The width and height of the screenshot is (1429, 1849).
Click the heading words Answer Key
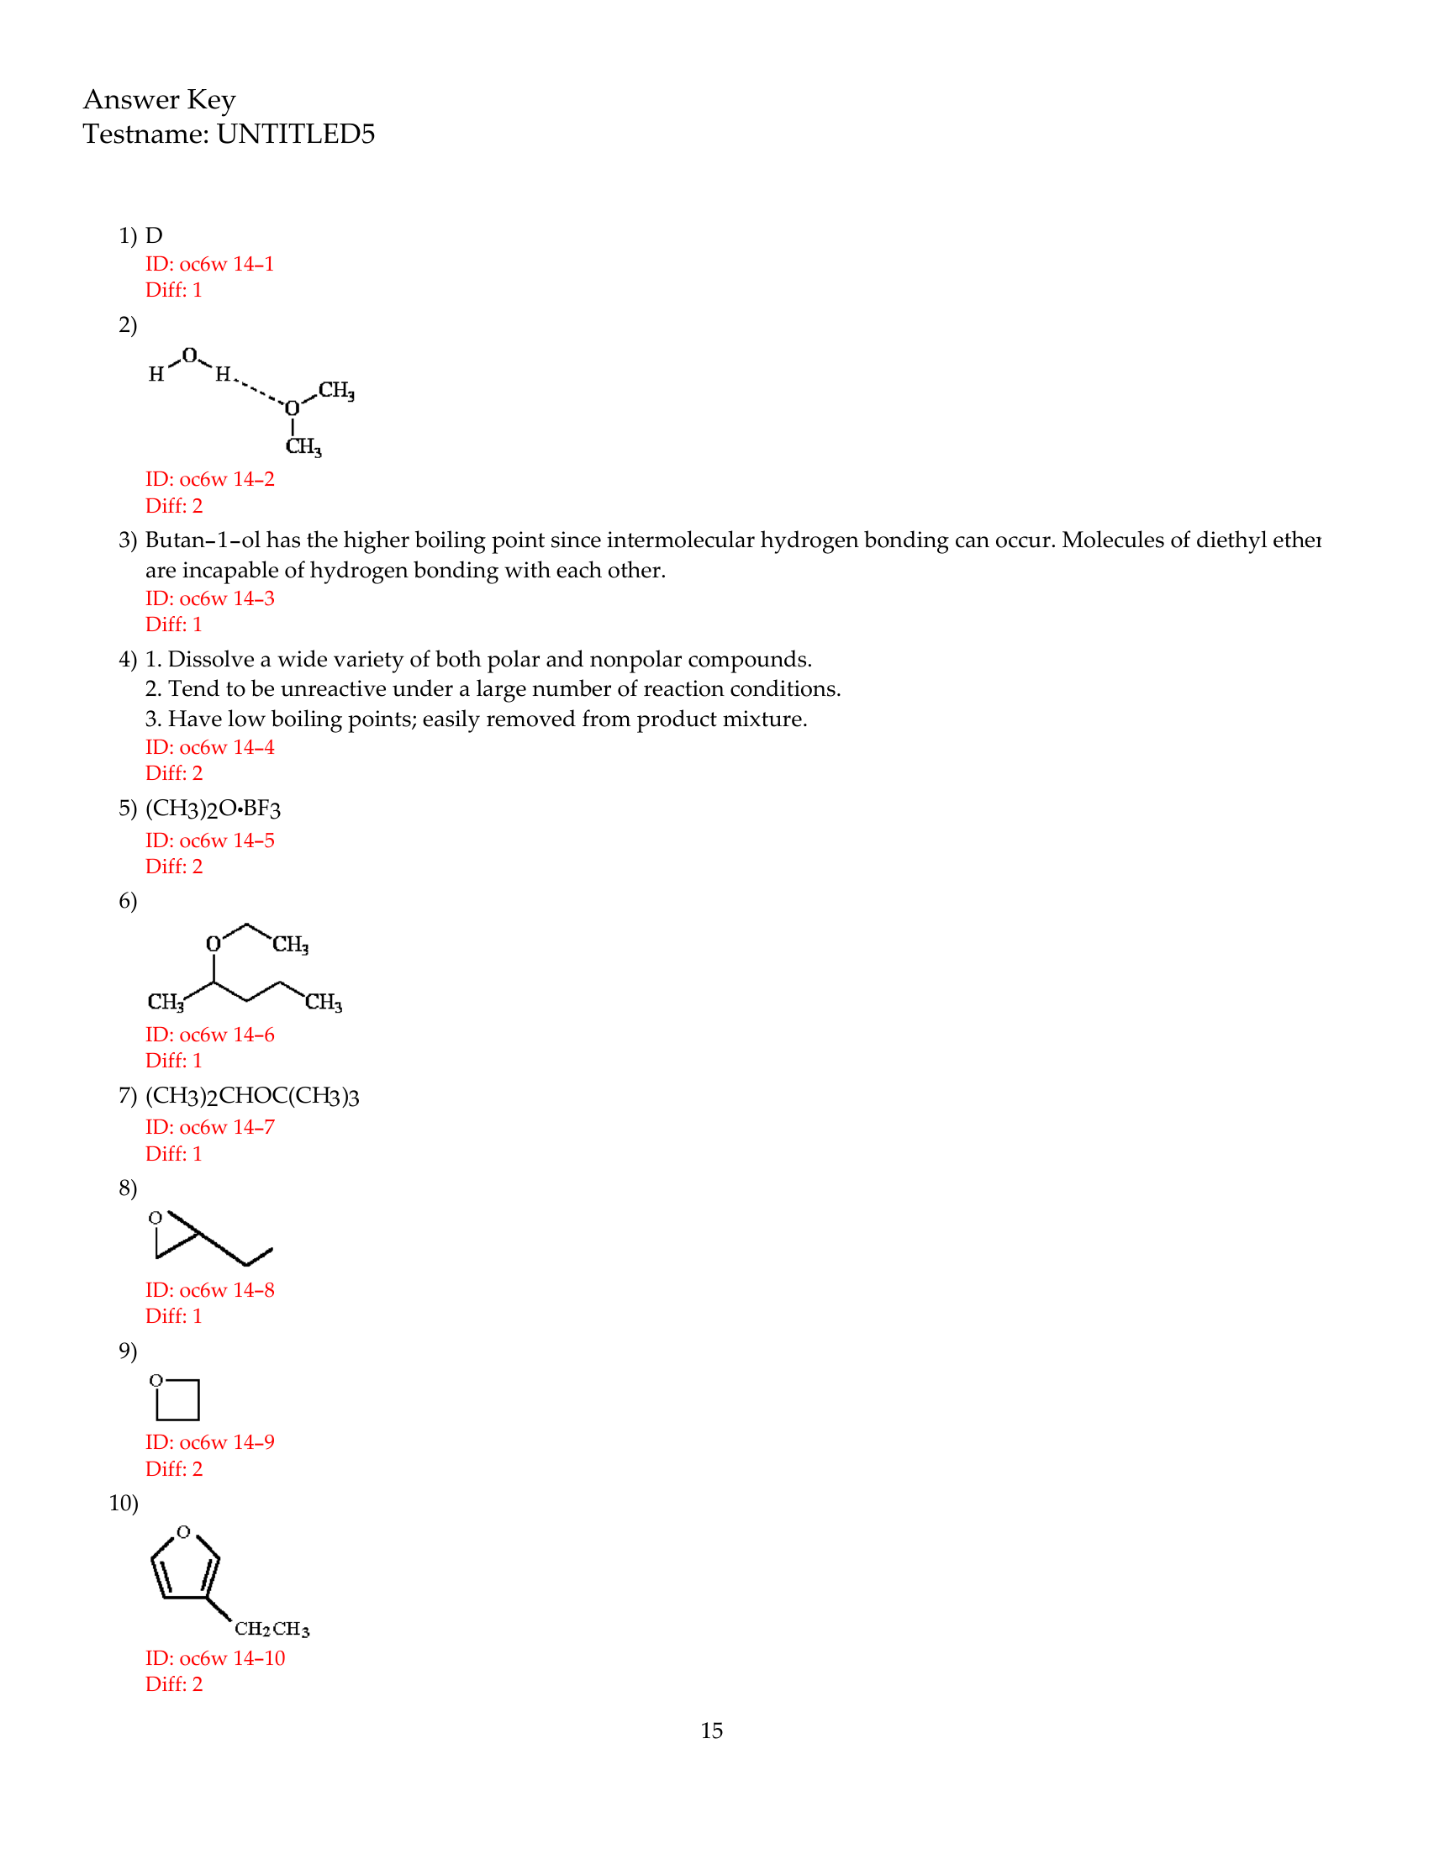click(159, 100)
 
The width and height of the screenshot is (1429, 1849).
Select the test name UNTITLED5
click(295, 134)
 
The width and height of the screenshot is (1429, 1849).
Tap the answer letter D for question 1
click(153, 235)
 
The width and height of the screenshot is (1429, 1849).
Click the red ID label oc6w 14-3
click(209, 598)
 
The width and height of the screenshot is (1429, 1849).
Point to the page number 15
click(711, 1730)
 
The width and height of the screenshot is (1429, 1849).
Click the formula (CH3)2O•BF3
click(213, 809)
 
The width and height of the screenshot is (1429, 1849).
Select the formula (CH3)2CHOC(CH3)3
click(252, 1096)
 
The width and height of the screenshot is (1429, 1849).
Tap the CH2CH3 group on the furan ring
click(272, 1629)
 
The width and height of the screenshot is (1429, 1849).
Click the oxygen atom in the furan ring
click(184, 1531)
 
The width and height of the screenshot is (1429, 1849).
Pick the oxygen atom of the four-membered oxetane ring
click(156, 1380)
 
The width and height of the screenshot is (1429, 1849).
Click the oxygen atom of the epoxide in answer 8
click(156, 1218)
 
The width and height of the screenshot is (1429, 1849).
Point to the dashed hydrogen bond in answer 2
click(257, 390)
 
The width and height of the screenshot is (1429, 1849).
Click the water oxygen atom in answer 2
click(190, 356)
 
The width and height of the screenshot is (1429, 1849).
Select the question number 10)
click(124, 1503)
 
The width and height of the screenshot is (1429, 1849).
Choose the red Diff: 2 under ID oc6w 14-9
click(173, 1469)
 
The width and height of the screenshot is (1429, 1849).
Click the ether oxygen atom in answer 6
click(214, 943)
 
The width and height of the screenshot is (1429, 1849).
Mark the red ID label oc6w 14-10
click(215, 1657)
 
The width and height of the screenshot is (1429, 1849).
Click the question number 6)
click(128, 901)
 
